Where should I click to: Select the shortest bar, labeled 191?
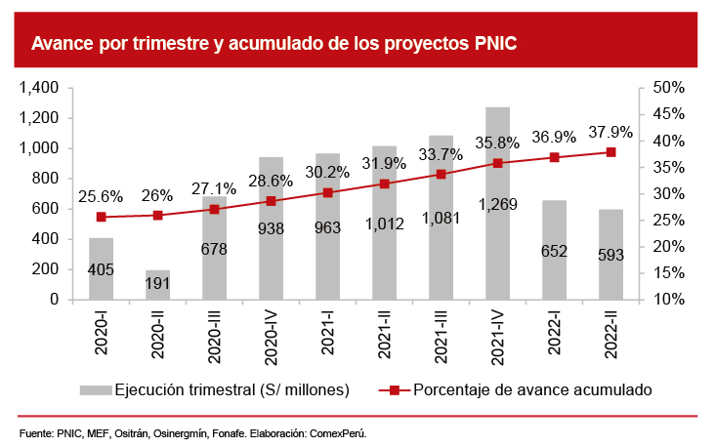point(157,285)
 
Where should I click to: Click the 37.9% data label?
point(610,132)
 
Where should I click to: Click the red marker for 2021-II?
point(384,183)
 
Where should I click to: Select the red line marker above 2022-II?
point(610,152)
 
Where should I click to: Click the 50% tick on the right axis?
point(670,88)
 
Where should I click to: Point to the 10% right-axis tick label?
point(670,300)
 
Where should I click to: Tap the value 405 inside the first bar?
point(102,268)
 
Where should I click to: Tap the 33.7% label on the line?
point(440,154)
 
